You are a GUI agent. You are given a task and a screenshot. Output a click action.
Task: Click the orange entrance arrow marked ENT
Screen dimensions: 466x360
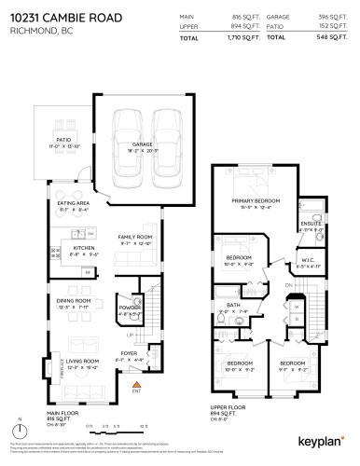[x=137, y=383]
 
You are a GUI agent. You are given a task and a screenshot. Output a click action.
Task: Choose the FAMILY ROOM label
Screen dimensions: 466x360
[x=133, y=238]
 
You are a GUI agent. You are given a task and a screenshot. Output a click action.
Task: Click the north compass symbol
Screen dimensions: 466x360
[x=17, y=432]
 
